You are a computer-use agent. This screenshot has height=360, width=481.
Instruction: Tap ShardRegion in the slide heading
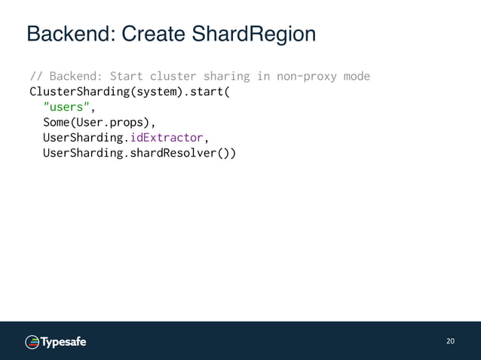pyautogui.click(x=255, y=34)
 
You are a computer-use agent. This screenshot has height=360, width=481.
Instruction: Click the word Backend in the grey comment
pyautogui.click(x=76, y=77)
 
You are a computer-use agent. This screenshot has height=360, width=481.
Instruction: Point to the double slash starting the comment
pyautogui.click(x=35, y=77)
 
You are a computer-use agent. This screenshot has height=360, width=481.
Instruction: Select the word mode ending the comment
pyautogui.click(x=357, y=77)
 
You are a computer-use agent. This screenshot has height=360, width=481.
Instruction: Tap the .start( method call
pyautogui.click(x=206, y=93)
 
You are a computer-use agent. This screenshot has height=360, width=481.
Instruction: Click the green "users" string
pyautogui.click(x=66, y=108)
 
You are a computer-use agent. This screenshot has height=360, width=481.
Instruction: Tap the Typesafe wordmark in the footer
pyautogui.click(x=64, y=342)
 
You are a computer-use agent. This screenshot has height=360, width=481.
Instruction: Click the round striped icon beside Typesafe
pyautogui.click(x=32, y=342)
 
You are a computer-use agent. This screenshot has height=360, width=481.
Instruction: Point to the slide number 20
pyautogui.click(x=450, y=341)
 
